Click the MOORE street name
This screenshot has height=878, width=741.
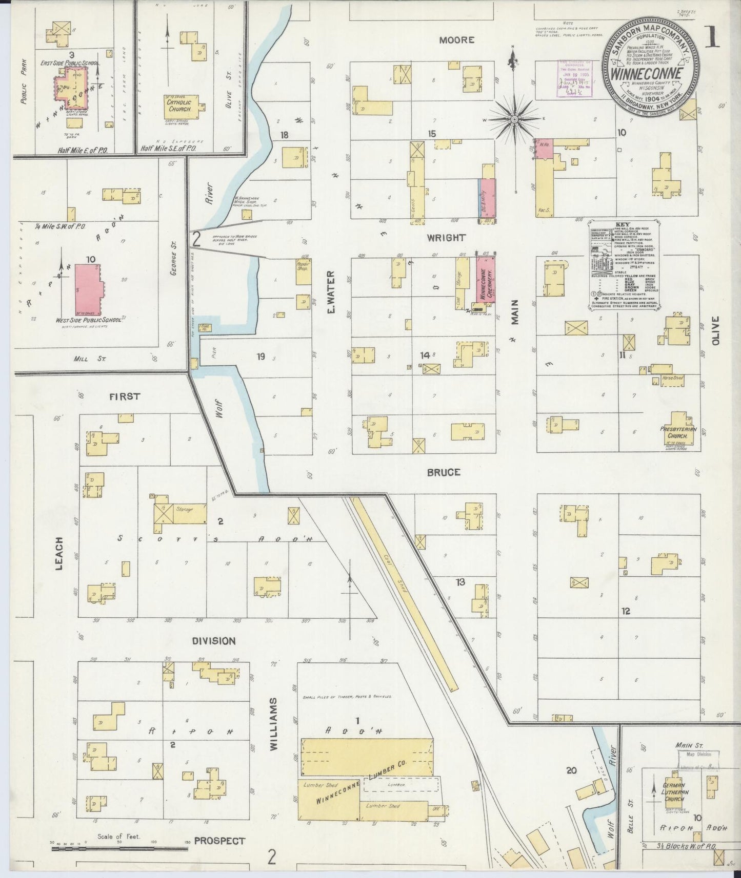(x=456, y=40)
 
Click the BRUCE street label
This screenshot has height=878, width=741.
(x=444, y=472)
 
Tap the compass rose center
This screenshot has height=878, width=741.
(x=514, y=120)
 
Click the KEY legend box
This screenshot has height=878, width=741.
(x=624, y=265)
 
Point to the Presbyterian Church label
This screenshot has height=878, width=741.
(x=678, y=432)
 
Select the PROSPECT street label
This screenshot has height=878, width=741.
(x=219, y=841)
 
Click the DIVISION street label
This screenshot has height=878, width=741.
(x=214, y=641)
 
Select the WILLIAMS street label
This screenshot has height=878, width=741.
(x=273, y=724)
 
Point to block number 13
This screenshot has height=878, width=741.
(x=460, y=582)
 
